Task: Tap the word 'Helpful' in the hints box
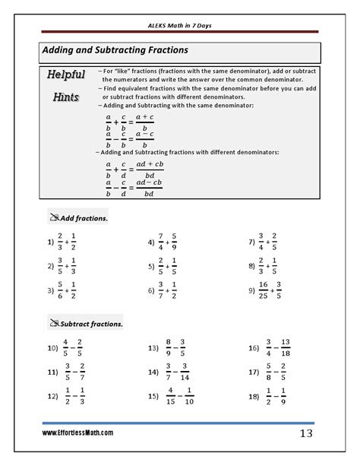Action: pyautogui.click(x=66, y=75)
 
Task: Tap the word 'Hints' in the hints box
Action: pyautogui.click(x=66, y=97)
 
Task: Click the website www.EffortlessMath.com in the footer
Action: pyautogui.click(x=77, y=433)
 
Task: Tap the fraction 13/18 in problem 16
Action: pyautogui.click(x=285, y=349)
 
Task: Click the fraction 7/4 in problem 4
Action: pyautogui.click(x=162, y=243)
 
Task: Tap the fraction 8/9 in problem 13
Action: pyautogui.click(x=169, y=349)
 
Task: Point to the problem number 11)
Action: pyautogui.click(x=52, y=372)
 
